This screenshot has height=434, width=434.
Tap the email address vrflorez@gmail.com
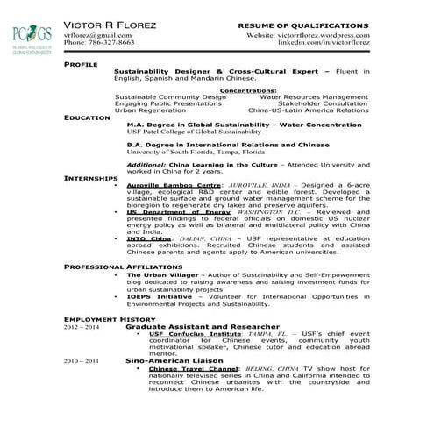click(x=97, y=35)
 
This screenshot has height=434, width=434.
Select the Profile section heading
click(x=81, y=65)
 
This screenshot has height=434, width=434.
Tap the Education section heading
click(x=87, y=117)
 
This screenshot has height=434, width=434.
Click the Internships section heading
click(x=91, y=178)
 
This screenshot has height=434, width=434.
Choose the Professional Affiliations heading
click(x=122, y=265)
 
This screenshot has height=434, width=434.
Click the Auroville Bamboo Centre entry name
click(x=173, y=186)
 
